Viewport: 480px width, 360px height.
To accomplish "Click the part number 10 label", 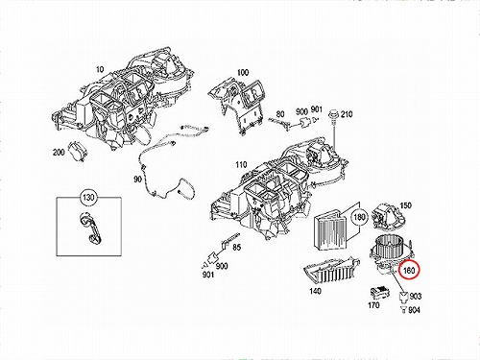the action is pyautogui.click(x=100, y=69).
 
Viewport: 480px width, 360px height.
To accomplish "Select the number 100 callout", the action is pyautogui.click(x=243, y=73).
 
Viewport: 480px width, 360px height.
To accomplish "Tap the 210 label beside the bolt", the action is pyautogui.click(x=347, y=114).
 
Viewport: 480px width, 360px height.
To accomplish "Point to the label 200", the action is pyautogui.click(x=59, y=153).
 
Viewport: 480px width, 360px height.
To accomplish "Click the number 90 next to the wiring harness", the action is pyautogui.click(x=137, y=180).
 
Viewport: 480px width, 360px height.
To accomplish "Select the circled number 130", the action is pyautogui.click(x=88, y=197).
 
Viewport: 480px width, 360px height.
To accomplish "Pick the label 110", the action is pyautogui.click(x=241, y=165).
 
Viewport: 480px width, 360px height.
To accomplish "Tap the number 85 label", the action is pyautogui.click(x=237, y=248).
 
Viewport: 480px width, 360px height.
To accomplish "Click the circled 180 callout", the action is pyautogui.click(x=359, y=217).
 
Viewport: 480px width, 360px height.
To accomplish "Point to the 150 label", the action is pyautogui.click(x=405, y=205).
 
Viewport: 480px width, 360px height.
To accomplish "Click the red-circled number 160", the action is pyautogui.click(x=409, y=271).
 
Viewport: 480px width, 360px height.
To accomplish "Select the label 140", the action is pyautogui.click(x=315, y=291).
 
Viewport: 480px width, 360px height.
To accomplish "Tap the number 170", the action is pyautogui.click(x=373, y=305).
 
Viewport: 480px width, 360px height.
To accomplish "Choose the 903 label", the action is pyautogui.click(x=416, y=297).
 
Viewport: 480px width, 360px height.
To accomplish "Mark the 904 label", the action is pyautogui.click(x=414, y=310).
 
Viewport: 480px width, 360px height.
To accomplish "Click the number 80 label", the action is pyautogui.click(x=280, y=114).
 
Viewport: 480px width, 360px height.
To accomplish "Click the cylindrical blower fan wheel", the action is pyautogui.click(x=389, y=245).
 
